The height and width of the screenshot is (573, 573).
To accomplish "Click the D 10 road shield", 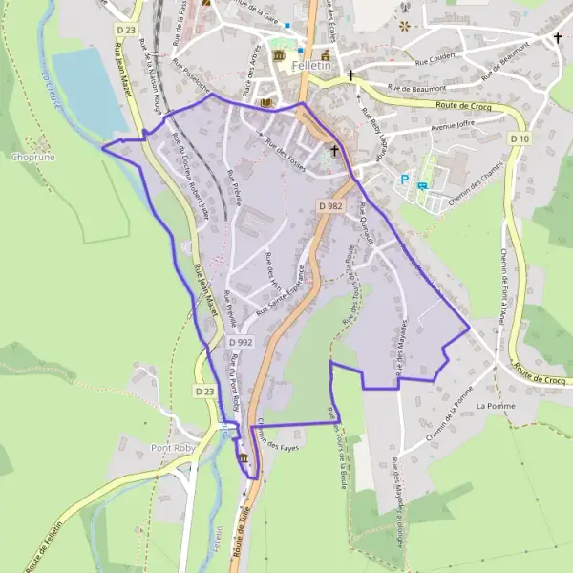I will pyautogui.click(x=519, y=138).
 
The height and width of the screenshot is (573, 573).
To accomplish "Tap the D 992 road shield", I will pyautogui.click(x=241, y=341).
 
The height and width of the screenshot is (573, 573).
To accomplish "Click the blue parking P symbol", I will pyautogui.click(x=405, y=179).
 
